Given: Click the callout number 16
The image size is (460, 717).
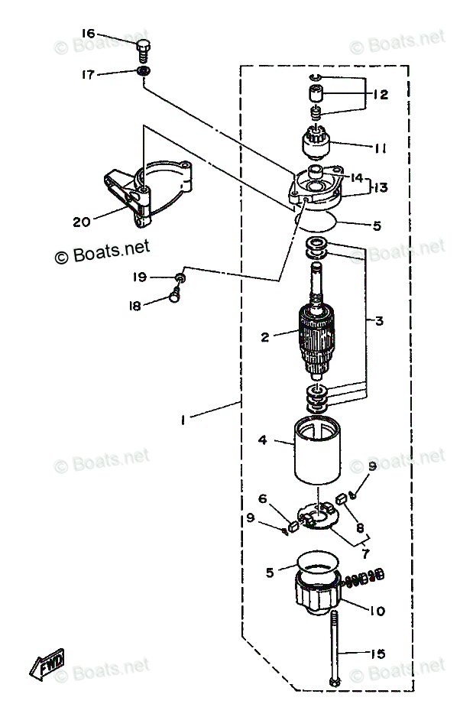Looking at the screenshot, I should coord(89,34).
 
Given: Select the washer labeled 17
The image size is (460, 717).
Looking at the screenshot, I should coord(143,73).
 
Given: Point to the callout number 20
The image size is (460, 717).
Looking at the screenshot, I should coord(81,222).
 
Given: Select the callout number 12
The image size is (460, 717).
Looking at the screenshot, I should coord(381,95).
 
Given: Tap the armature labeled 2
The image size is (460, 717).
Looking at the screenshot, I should coord(315,337).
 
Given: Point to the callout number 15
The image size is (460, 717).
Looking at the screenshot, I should coord(377,654).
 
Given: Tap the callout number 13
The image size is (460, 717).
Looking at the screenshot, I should coord(381,187).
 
